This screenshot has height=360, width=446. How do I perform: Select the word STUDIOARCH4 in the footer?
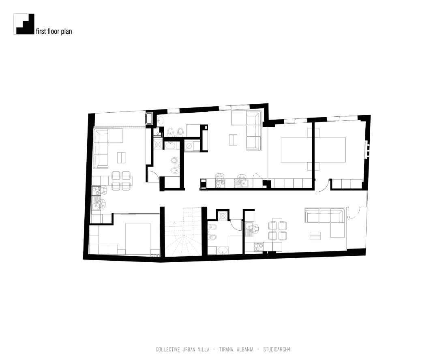tap(277, 349)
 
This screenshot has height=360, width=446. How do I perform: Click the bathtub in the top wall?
tap(149, 119)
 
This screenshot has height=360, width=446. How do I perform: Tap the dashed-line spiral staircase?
tap(183, 231)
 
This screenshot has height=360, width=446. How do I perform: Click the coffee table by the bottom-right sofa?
tap(315, 236)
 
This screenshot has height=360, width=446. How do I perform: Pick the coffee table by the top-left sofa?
tap(121, 158)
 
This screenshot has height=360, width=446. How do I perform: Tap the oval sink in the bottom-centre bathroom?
tap(222, 251)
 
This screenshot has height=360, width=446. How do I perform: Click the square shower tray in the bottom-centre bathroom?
tap(223, 215)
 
